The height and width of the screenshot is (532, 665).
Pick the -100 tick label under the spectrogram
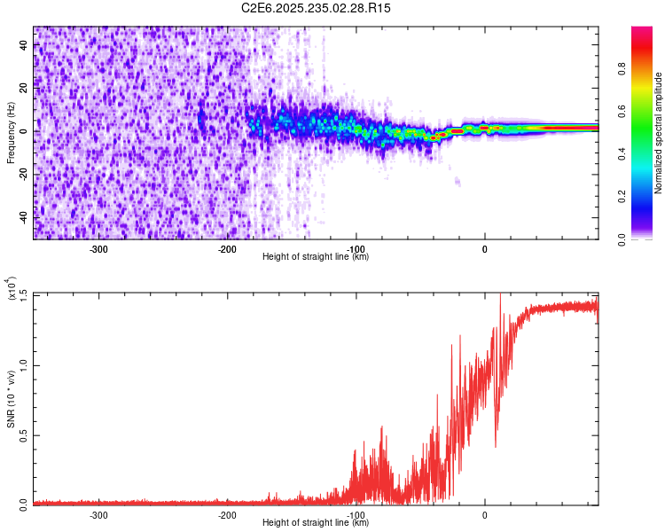356,247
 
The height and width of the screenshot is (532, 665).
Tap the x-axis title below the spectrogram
316,256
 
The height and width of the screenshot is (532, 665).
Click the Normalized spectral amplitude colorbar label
658,133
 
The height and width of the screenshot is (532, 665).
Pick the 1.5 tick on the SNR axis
23,294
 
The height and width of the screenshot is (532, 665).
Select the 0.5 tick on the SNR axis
23,434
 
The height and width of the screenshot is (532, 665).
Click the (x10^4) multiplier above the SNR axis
12,289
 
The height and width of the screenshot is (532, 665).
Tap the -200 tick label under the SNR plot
227,513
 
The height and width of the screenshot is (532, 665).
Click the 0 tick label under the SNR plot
485,513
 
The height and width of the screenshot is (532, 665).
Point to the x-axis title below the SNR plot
316,522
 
